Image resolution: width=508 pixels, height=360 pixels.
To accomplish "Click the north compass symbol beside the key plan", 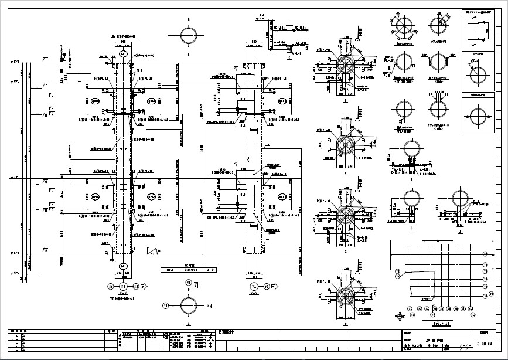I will (x=400, y=316).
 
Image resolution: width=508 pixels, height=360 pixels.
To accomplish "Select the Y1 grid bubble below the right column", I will (x=254, y=286).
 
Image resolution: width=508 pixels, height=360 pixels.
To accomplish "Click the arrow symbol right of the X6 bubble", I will (x=145, y=286).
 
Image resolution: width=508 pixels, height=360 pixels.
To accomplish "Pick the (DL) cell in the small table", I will (x=171, y=270).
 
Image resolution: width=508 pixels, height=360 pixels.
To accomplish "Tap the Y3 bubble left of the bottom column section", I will (x=166, y=305).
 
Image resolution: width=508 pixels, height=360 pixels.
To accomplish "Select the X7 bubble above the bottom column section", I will (x=188, y=283).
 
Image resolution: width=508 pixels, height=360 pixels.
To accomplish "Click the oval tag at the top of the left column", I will (x=124, y=54).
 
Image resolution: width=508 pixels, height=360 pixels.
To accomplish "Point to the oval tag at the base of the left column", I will (x=124, y=266).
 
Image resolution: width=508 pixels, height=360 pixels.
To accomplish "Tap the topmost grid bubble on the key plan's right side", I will (x=485, y=253).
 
